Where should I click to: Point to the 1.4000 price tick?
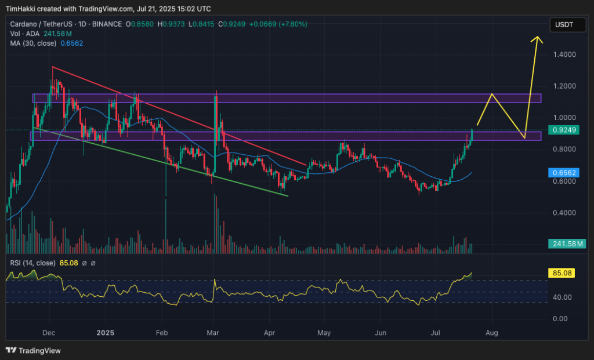(564, 55)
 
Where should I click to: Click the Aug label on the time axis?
(491, 333)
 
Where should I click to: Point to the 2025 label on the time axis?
(106, 333)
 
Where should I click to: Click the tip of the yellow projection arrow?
(538, 38)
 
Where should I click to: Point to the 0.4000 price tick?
(564, 213)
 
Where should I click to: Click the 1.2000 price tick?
(564, 86)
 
